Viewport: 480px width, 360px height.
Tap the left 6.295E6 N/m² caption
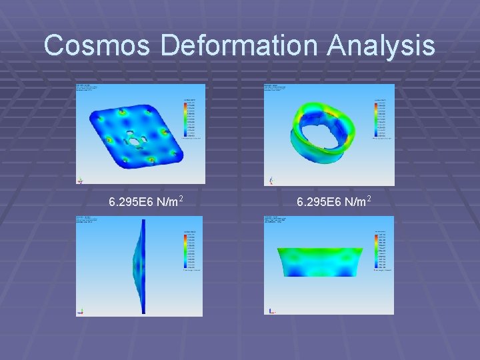tap(147, 201)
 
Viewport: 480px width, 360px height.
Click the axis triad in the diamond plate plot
tap(81, 180)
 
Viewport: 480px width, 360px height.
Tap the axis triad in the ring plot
tap(271, 180)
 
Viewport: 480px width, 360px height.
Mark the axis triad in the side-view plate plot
tap(81, 311)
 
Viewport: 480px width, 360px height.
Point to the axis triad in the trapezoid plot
tap(271, 310)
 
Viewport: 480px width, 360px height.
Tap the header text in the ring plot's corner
tap(276, 89)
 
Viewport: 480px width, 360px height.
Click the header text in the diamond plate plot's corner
tap(87, 89)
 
